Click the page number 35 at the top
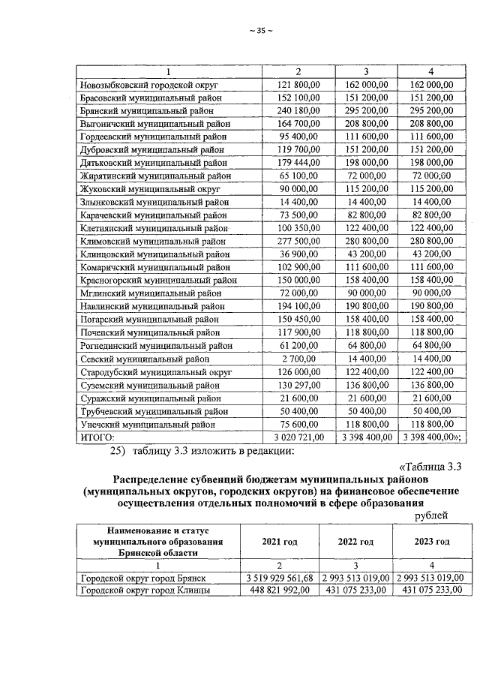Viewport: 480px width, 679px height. (261, 31)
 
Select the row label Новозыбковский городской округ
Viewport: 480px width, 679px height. (146, 85)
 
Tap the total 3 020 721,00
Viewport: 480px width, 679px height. (292, 436)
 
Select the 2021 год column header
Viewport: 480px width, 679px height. (279, 541)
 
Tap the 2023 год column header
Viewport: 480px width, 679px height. (431, 541)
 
